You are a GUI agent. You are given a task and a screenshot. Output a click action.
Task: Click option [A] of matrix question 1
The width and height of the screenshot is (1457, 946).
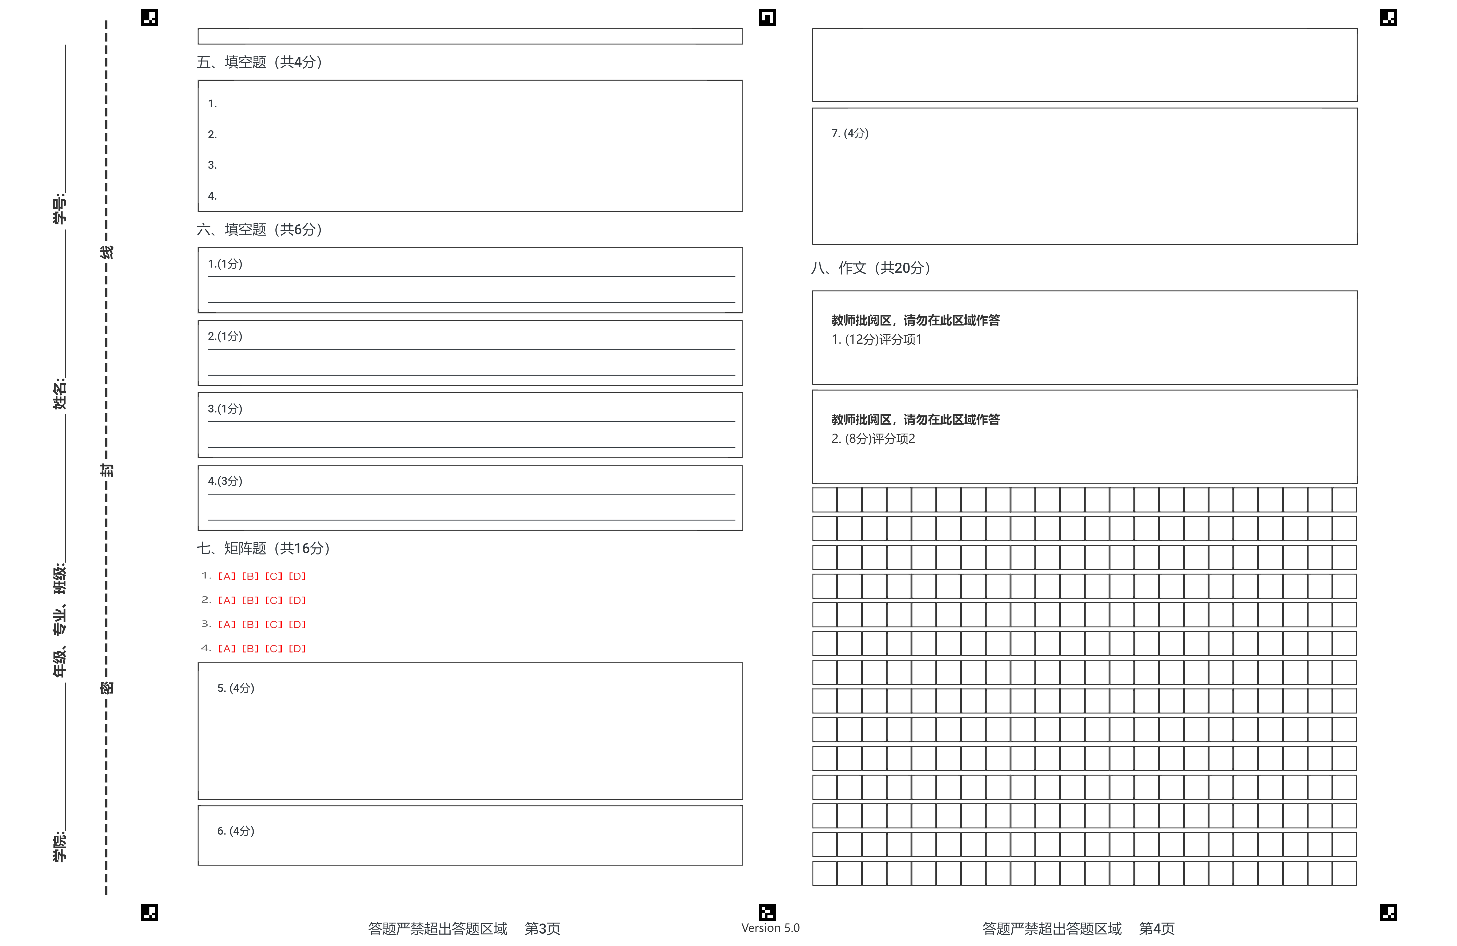[226, 576]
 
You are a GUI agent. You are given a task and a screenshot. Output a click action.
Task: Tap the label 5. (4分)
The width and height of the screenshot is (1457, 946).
[236, 688]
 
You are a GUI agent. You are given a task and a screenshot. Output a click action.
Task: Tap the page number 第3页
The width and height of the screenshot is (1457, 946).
[542, 929]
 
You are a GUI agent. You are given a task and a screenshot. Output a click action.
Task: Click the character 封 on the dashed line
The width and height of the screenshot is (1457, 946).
[106, 470]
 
